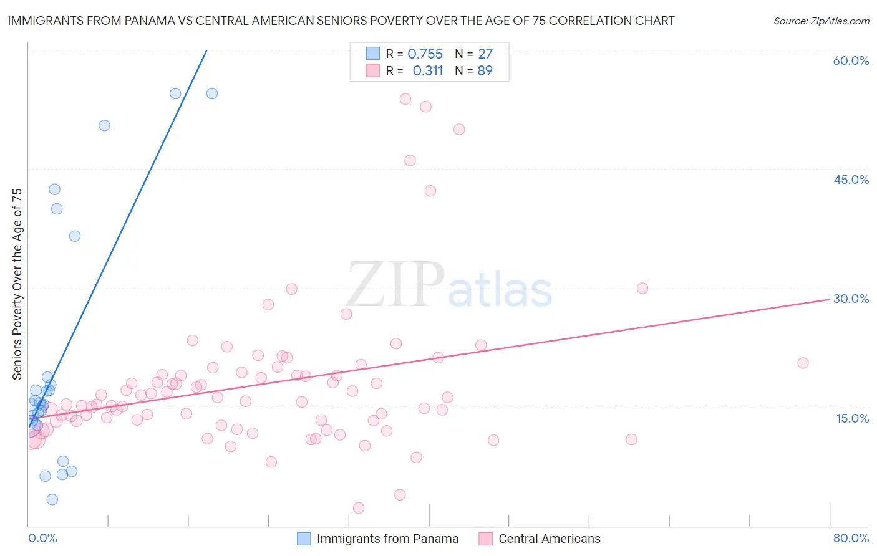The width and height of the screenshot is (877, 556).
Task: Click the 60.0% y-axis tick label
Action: tap(851, 60)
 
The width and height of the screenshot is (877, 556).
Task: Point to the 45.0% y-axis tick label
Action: tap(851, 180)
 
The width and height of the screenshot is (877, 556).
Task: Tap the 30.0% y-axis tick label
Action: tap(851, 299)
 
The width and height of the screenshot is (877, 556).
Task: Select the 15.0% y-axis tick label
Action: tap(852, 418)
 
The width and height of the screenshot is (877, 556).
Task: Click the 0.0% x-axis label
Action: tap(42, 538)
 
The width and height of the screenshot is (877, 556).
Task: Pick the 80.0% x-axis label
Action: tap(851, 538)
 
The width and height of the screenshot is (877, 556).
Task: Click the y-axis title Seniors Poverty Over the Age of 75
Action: tap(17, 284)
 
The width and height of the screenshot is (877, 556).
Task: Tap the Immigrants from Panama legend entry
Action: tap(387, 539)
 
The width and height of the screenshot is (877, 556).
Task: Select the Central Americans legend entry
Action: tap(549, 539)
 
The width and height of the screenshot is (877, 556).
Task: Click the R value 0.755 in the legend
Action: tap(425, 54)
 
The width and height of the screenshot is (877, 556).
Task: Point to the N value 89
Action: tap(485, 70)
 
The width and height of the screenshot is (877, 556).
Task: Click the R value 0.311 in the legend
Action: tap(427, 70)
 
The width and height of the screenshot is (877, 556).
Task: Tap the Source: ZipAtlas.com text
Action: tap(821, 21)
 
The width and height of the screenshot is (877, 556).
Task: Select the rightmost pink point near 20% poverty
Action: tap(803, 363)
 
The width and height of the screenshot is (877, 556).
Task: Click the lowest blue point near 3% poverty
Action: tap(52, 499)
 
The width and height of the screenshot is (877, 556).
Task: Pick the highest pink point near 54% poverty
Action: tap(405, 98)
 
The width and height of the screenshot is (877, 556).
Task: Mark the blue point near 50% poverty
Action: tap(104, 125)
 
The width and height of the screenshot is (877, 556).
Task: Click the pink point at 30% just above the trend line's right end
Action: tap(642, 288)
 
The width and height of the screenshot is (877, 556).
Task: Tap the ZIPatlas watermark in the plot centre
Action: tap(449, 285)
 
